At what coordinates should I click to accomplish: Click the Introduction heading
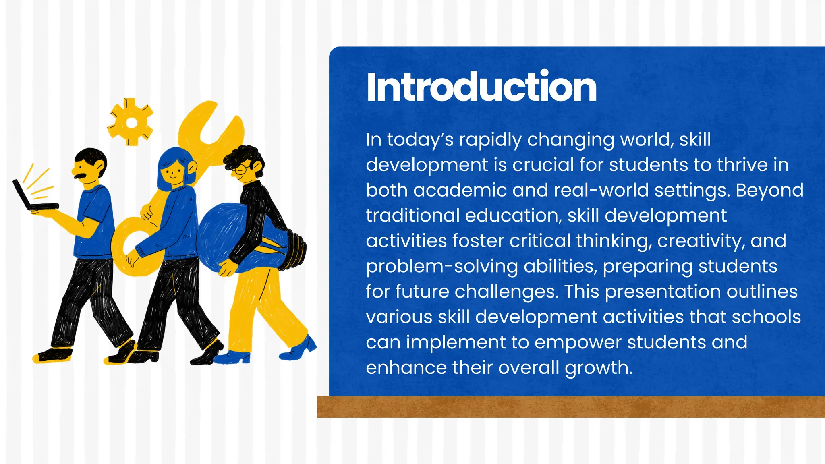point(481,87)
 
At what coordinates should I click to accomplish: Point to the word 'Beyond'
point(769,191)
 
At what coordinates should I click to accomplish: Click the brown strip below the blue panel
point(570,406)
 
